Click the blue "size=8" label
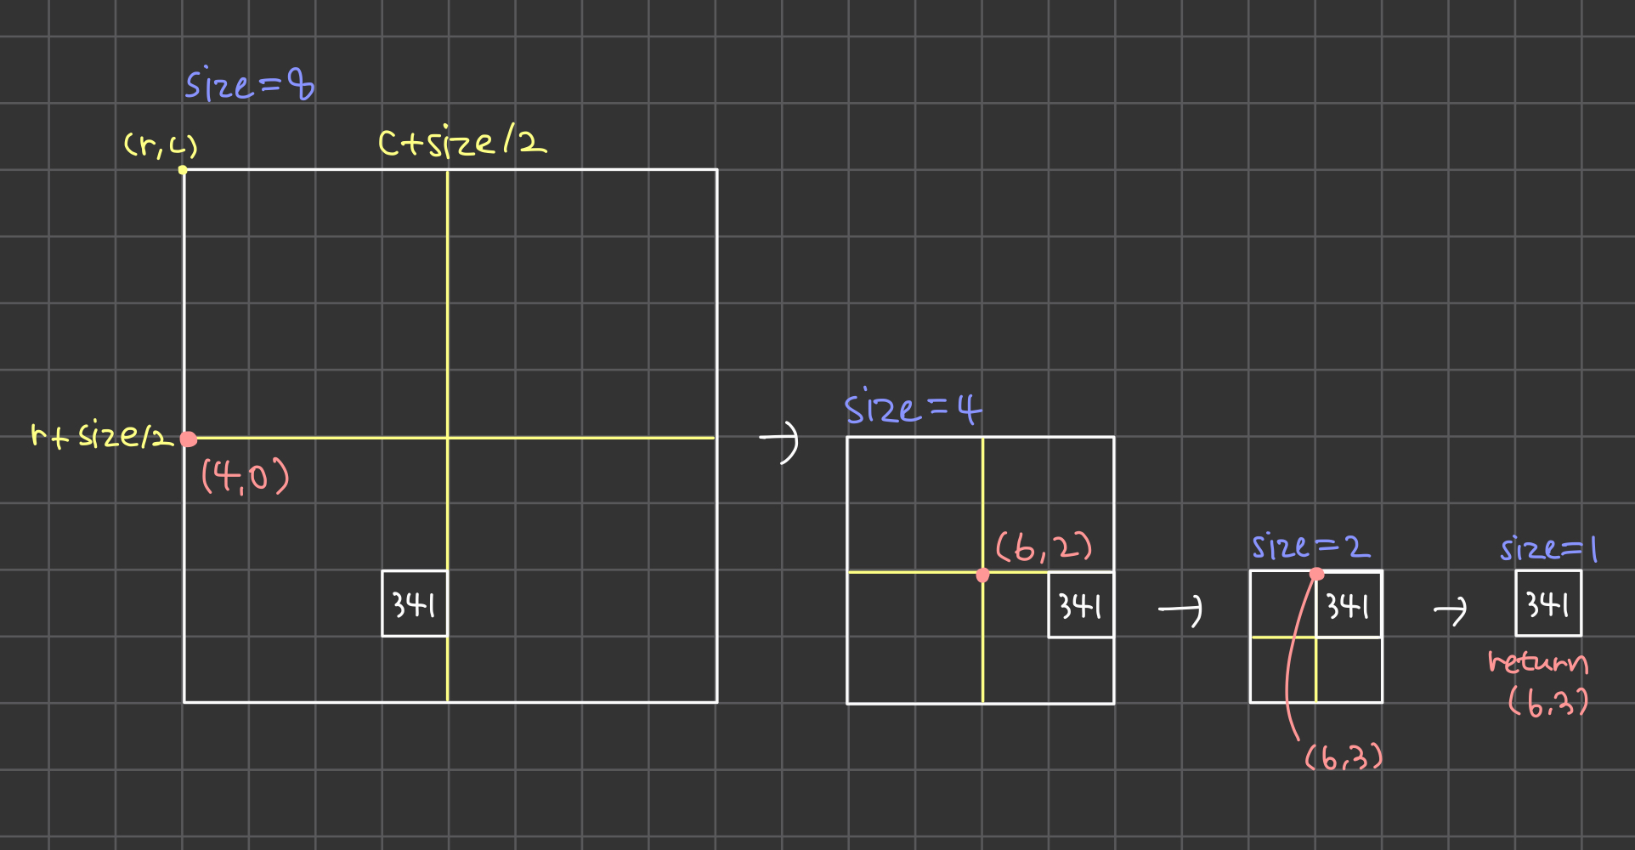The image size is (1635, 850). pos(250,85)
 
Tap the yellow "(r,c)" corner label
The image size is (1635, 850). pos(161,146)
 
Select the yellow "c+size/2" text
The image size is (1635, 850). pos(462,142)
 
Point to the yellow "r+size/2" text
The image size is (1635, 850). pos(101,436)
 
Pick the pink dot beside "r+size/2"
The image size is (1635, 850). pos(189,439)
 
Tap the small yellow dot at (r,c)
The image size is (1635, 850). pos(183,170)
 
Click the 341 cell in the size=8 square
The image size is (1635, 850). pos(415,604)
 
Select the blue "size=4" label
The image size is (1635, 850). pos(913,408)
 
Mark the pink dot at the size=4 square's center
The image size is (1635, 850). pos(983,575)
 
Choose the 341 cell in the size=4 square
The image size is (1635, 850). pos(1081,605)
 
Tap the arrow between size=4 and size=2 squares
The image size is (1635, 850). pos(1181,609)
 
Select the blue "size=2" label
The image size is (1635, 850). pos(1310,547)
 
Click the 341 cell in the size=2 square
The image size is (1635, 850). pos(1349,605)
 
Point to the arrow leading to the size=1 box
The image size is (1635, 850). pos(1451,609)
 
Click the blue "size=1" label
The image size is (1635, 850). pos(1548,549)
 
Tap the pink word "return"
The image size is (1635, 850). pos(1537,662)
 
